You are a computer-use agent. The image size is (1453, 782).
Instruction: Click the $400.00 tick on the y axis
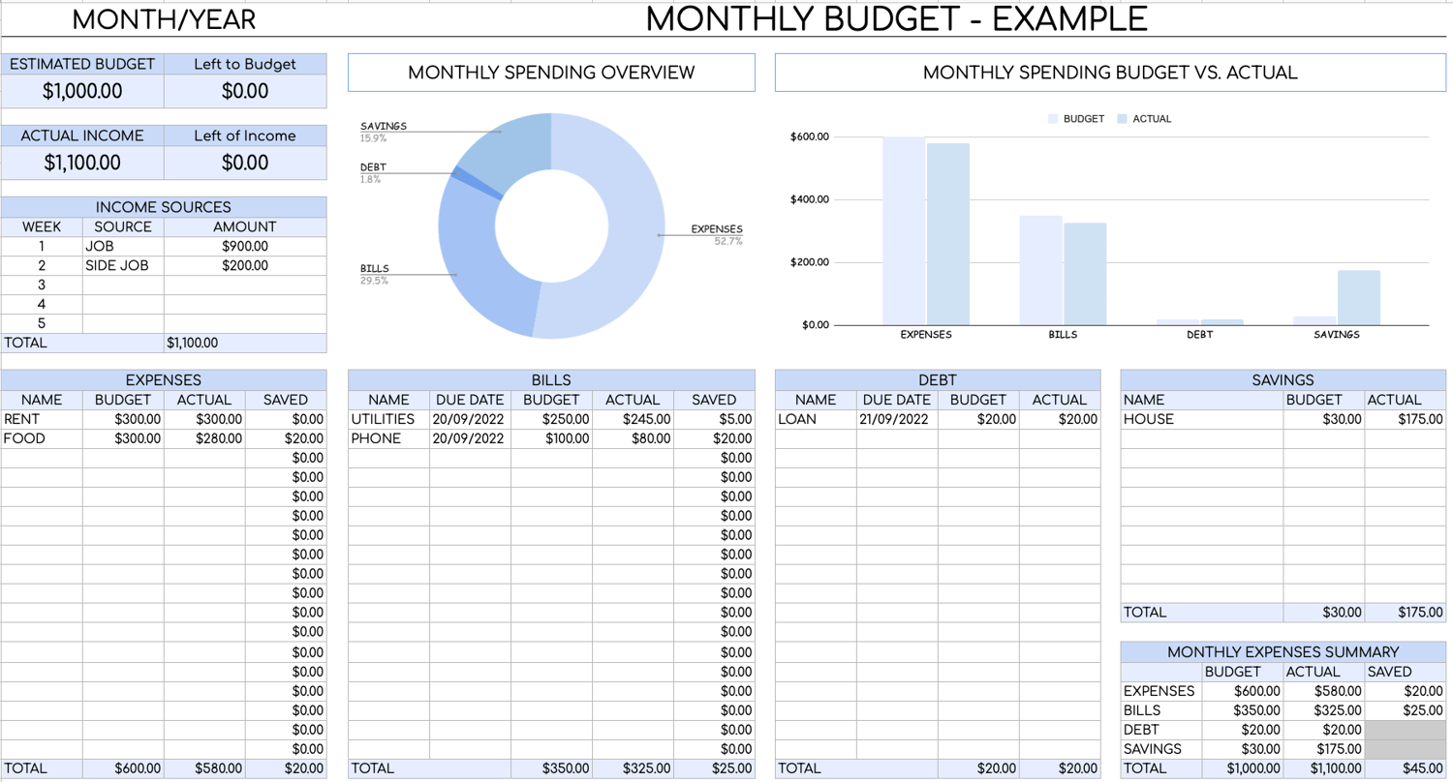pyautogui.click(x=810, y=199)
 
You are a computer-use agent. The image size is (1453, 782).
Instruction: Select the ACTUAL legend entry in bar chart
pyautogui.click(x=1151, y=119)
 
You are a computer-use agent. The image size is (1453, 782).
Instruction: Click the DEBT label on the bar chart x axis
pyautogui.click(x=1198, y=335)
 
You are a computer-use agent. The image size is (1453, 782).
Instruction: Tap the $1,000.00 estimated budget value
pyautogui.click(x=82, y=92)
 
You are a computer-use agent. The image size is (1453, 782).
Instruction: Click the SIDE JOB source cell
pyautogui.click(x=117, y=265)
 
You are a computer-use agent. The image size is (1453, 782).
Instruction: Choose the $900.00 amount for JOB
pyautogui.click(x=245, y=246)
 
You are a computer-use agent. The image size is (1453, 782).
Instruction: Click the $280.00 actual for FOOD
pyautogui.click(x=219, y=438)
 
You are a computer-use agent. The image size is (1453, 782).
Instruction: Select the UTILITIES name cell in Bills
pyautogui.click(x=383, y=419)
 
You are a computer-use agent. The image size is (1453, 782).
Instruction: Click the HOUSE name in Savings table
pyautogui.click(x=1149, y=419)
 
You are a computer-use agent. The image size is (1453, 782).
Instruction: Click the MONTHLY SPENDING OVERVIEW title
pyautogui.click(x=551, y=73)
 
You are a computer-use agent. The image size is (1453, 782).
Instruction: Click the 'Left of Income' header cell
pyautogui.click(x=245, y=135)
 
